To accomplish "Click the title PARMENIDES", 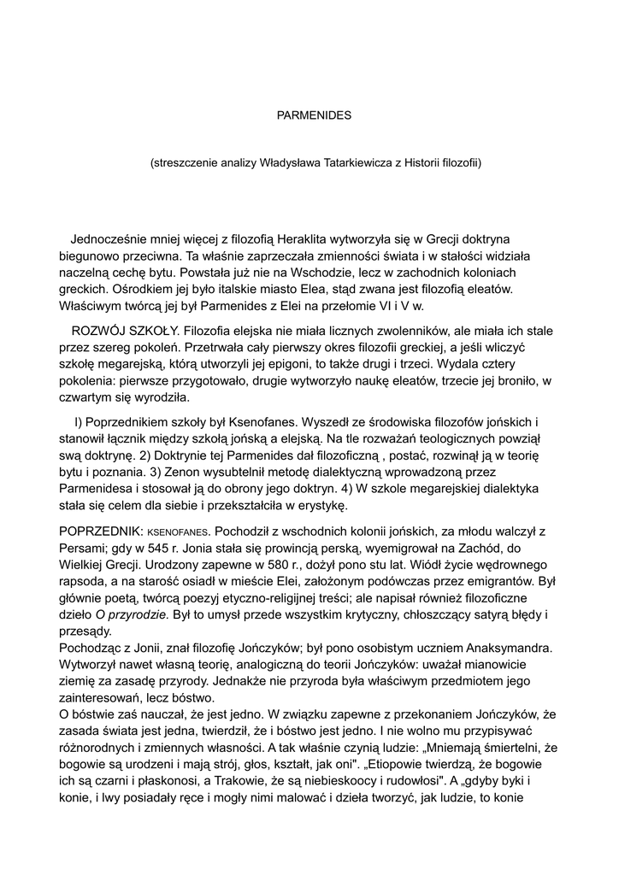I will (309, 114).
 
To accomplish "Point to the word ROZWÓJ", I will (97, 330).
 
